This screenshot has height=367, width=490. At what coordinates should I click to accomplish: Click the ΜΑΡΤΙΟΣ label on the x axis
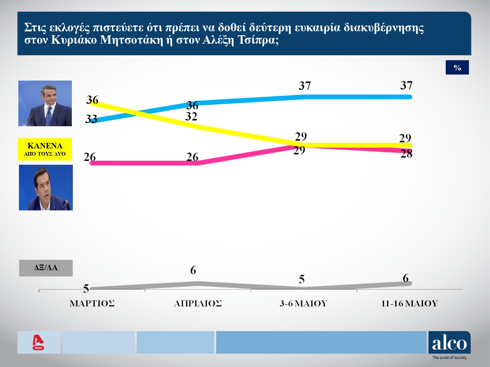click(x=92, y=303)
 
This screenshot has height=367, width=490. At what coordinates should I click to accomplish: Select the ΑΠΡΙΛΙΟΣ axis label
click(x=198, y=303)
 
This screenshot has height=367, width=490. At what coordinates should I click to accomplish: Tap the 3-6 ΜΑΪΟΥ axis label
click(x=303, y=303)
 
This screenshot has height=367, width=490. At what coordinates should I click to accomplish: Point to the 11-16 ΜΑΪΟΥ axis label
click(x=409, y=303)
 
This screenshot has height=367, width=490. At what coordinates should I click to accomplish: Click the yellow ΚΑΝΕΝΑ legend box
click(x=45, y=149)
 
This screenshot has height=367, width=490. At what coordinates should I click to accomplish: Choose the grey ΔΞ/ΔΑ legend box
click(x=46, y=268)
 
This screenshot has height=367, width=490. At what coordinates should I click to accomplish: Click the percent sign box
click(x=457, y=68)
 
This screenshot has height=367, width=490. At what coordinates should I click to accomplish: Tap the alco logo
click(x=449, y=343)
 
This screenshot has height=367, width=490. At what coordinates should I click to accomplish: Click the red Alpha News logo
click(x=38, y=342)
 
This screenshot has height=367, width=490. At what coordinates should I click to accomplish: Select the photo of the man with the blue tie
click(x=45, y=103)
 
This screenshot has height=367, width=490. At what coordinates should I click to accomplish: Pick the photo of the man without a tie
click(x=46, y=188)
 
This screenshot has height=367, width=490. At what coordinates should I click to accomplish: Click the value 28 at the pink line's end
click(x=406, y=154)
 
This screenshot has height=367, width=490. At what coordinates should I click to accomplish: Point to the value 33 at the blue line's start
click(x=91, y=119)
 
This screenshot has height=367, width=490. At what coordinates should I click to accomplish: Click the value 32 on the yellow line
click(x=191, y=116)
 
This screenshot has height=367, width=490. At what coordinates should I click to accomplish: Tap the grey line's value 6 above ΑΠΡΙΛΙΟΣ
click(x=193, y=270)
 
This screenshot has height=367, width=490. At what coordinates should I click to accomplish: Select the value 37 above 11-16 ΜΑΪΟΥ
click(x=406, y=85)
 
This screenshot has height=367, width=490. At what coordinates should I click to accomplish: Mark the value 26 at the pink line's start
click(x=90, y=157)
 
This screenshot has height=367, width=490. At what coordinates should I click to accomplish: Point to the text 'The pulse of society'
click(x=449, y=358)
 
